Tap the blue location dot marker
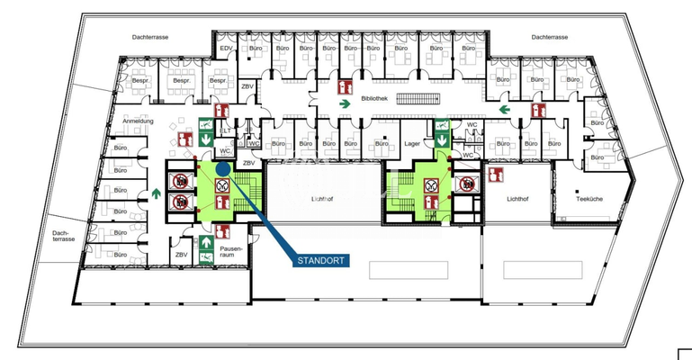click(222, 167)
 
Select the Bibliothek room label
click(373, 99)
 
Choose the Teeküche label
click(589, 198)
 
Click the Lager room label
click(413, 143)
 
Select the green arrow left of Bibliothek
click(344, 104)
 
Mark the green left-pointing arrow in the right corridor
click(506, 110)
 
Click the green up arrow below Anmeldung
click(156, 192)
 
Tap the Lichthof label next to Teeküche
click(518, 198)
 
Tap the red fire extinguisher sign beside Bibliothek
click(344, 87)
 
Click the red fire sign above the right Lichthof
click(493, 175)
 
